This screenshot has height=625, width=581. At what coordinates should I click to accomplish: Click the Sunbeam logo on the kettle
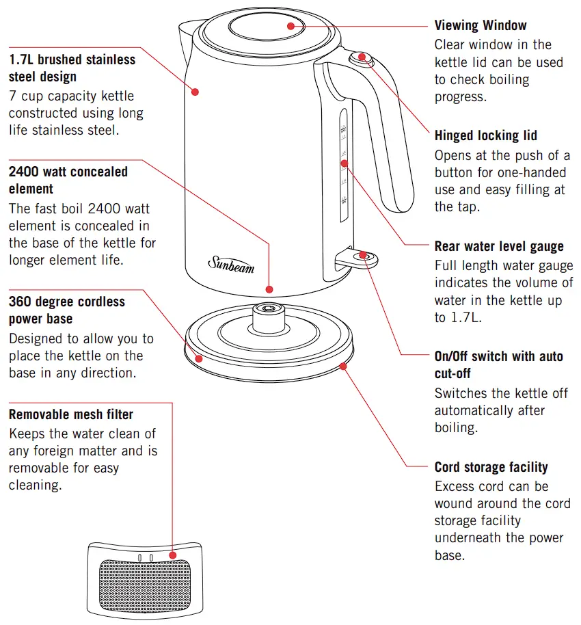click(x=231, y=263)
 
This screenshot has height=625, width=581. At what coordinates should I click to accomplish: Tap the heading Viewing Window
click(x=481, y=25)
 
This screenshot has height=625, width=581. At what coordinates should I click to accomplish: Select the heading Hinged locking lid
click(x=485, y=135)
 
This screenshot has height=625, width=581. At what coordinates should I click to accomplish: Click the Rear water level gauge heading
click(x=499, y=246)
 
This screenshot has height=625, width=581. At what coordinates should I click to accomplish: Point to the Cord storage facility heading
click(x=491, y=468)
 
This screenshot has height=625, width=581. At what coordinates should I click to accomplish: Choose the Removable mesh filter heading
click(x=70, y=414)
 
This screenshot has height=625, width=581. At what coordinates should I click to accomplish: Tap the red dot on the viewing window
click(x=291, y=26)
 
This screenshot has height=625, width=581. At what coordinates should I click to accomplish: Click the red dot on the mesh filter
click(x=172, y=555)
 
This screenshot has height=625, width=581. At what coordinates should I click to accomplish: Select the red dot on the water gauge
click(x=344, y=163)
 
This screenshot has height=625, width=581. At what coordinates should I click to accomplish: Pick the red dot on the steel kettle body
click(x=195, y=90)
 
